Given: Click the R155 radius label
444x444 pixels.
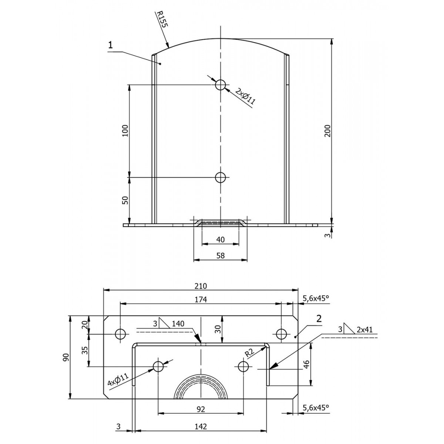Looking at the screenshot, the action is pos(162,19).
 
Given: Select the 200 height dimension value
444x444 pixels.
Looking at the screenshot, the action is pos(327,131).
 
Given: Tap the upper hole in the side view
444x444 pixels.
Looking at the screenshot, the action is pos(221,85).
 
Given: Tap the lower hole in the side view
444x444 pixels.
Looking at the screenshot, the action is pos(221,178).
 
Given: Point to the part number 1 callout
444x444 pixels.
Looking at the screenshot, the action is pos(111,45).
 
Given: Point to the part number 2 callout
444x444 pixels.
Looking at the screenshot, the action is pos(319,319).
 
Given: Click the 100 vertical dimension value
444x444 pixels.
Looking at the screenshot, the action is pos(125,131).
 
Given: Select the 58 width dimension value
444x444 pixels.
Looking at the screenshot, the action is pos(221,255).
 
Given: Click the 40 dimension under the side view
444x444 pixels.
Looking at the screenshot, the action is pos(221,240).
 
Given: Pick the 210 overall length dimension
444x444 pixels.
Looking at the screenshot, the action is pos(201,286).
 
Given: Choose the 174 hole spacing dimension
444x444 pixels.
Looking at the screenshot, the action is pos(201,299).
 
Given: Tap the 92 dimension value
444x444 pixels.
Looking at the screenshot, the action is pos(201,409).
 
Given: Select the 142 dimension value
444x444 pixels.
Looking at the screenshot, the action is pos(201,426).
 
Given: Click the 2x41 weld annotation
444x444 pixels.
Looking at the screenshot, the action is pos(364,330).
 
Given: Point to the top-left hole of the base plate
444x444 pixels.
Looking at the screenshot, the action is pos(121,334).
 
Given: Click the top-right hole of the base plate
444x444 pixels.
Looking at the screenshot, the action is pos(281,334).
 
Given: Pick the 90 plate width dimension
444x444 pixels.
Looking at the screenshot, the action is pos(66,357).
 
